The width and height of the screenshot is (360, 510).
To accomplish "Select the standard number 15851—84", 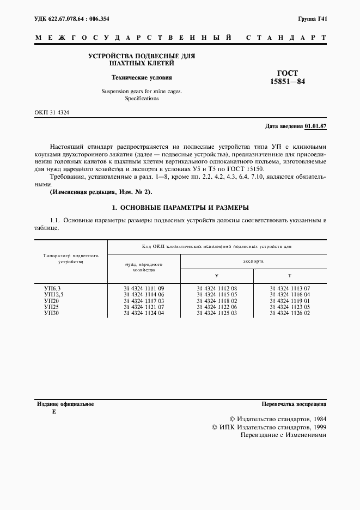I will coord(288,82).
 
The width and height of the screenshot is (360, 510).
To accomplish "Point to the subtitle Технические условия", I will coord(141,77).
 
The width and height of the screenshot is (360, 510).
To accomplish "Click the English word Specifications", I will coord(142,99).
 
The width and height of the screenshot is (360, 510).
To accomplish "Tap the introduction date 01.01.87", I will coord(315,126).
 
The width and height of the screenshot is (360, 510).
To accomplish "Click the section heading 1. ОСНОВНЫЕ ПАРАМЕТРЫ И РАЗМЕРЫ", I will coord(180,208).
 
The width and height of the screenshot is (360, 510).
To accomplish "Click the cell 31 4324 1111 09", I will coord(144,287).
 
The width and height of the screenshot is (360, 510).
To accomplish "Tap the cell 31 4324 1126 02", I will coord(290,313).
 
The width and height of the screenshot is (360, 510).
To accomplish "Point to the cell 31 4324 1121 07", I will coord(144,307).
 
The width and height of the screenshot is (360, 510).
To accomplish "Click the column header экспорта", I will coord(253,262).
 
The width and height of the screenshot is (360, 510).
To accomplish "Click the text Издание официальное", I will coord(65,404).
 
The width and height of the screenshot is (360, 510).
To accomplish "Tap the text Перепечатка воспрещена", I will coord(294,404).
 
